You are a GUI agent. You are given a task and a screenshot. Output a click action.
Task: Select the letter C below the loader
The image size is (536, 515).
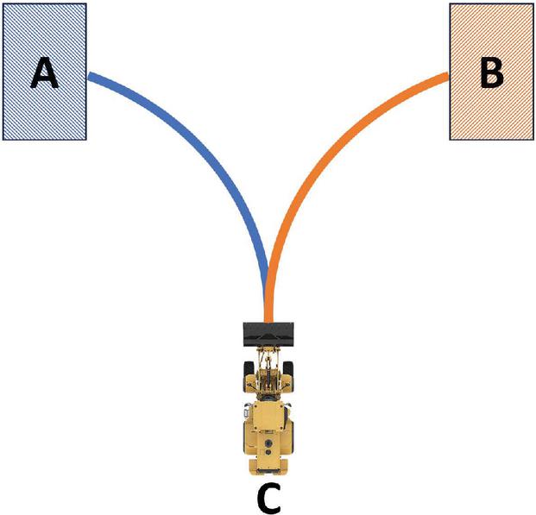268,496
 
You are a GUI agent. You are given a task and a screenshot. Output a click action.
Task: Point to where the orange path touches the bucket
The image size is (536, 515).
269,321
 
